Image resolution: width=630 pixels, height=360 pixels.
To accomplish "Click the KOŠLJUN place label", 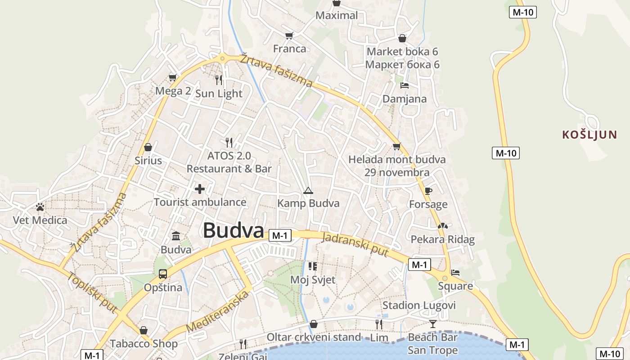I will (x=589, y=135).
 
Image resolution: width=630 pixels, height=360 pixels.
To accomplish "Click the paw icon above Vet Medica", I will (x=40, y=207).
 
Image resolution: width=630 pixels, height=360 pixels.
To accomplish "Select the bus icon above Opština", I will (x=163, y=274).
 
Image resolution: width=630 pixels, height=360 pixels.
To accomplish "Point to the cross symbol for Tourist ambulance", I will (x=200, y=189).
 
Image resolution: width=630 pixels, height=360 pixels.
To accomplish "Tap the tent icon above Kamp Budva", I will (x=308, y=190).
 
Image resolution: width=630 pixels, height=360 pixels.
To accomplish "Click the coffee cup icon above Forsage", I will (x=428, y=191).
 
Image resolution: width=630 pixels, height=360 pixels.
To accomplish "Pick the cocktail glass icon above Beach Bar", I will (x=432, y=324).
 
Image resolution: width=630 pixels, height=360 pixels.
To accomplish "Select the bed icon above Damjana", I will (x=405, y=85).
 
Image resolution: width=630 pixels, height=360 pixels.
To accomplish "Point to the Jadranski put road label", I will (x=355, y=244).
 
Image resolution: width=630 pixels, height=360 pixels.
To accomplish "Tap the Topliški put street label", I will (x=92, y=292).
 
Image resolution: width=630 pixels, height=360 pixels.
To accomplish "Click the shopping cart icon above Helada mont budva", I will (x=396, y=147).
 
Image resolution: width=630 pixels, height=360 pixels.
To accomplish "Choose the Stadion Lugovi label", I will (x=419, y=306).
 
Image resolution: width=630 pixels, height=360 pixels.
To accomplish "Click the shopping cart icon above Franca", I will (x=289, y=36).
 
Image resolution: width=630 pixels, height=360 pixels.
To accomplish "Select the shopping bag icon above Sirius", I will (x=148, y=147).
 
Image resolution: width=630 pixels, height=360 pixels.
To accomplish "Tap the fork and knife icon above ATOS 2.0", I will (x=229, y=143).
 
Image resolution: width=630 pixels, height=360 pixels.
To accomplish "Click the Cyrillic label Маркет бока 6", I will (x=402, y=64).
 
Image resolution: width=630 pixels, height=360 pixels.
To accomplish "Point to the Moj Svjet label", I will (x=313, y=279).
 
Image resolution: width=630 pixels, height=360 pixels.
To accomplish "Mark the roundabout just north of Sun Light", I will (x=222, y=58).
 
